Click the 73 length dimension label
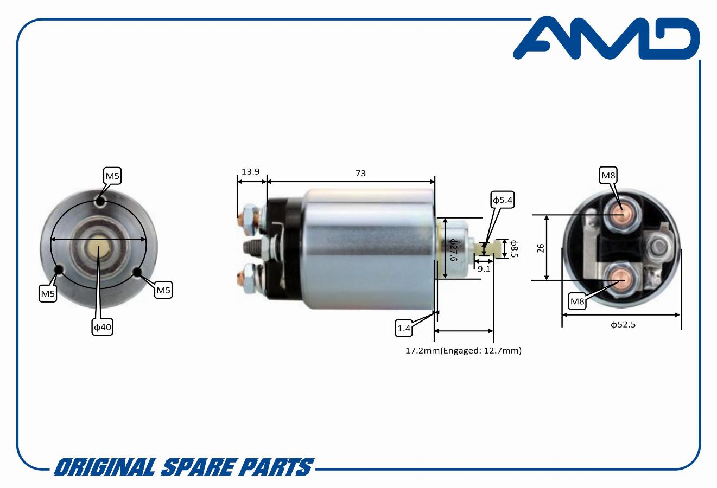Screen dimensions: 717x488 point(360,173)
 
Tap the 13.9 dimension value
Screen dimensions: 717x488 point(250,172)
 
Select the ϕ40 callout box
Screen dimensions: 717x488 point(103,327)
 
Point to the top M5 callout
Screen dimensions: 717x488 point(112,176)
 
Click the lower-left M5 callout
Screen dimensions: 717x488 point(48,293)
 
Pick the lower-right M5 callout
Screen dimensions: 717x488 point(163,290)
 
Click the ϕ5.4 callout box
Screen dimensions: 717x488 point(503,200)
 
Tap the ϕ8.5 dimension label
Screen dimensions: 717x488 point(514,248)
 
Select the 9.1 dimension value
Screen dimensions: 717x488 point(484,269)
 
